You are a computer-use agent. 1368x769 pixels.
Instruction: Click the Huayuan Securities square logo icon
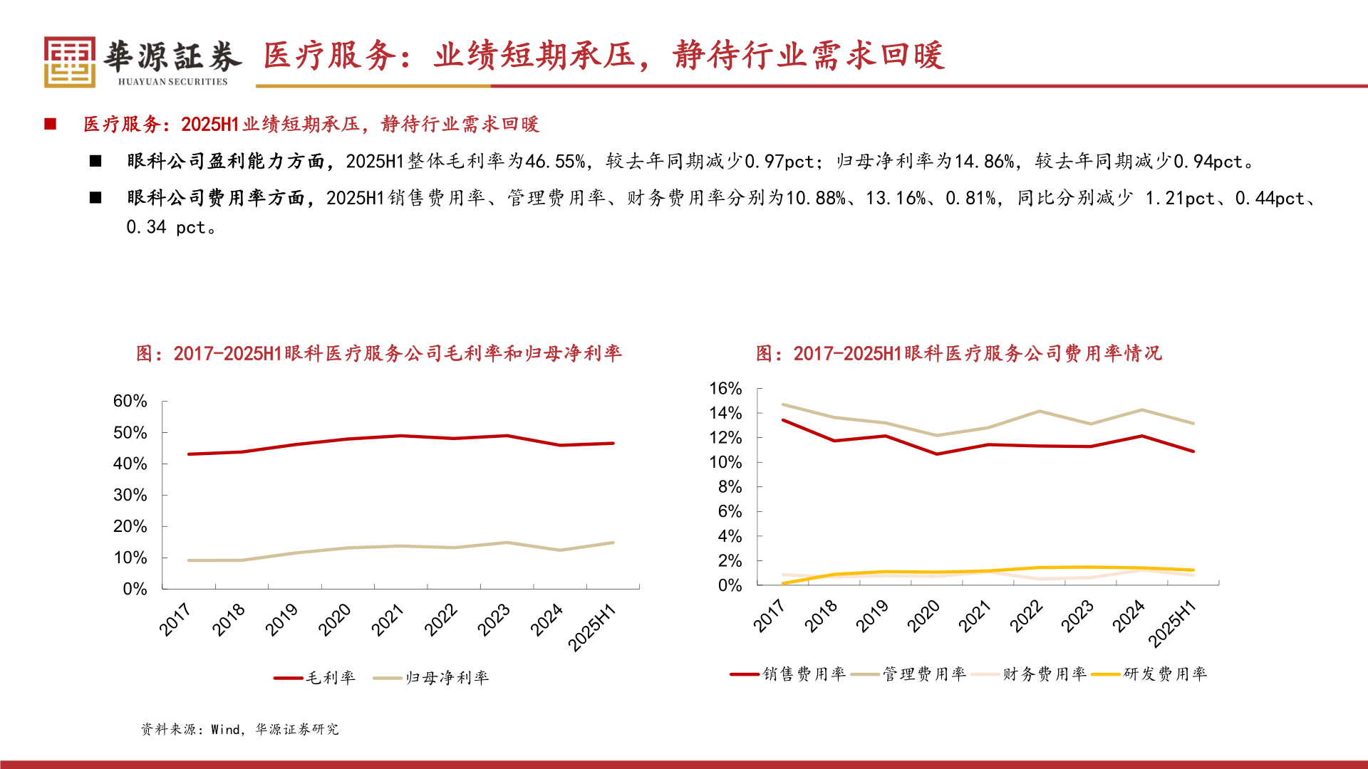pyautogui.click(x=69, y=63)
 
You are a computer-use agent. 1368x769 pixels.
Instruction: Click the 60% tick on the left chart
pyautogui.click(x=130, y=401)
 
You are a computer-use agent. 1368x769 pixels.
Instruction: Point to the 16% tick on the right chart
pyautogui.click(x=725, y=388)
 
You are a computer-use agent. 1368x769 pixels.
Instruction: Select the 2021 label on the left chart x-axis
pyautogui.click(x=388, y=619)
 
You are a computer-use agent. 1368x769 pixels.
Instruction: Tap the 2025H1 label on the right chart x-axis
pyautogui.click(x=1172, y=623)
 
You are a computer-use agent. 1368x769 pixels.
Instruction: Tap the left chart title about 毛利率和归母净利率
pyautogui.click(x=378, y=353)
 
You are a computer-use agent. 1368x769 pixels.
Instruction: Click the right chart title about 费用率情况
pyautogui.click(x=958, y=353)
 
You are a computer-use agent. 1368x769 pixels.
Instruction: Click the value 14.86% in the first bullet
pyautogui.click(x=985, y=162)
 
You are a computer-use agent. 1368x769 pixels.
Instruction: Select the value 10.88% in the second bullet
pyautogui.click(x=815, y=198)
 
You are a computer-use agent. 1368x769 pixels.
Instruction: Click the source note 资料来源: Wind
pyautogui.click(x=239, y=729)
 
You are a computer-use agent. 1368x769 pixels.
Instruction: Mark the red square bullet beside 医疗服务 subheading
pyautogui.click(x=51, y=124)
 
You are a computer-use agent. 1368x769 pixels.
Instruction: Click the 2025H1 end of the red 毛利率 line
pyautogui.click(x=613, y=444)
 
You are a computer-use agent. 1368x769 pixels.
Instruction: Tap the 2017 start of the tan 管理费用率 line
pyautogui.click(x=783, y=404)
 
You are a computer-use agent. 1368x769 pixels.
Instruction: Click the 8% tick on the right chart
pyautogui.click(x=729, y=487)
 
